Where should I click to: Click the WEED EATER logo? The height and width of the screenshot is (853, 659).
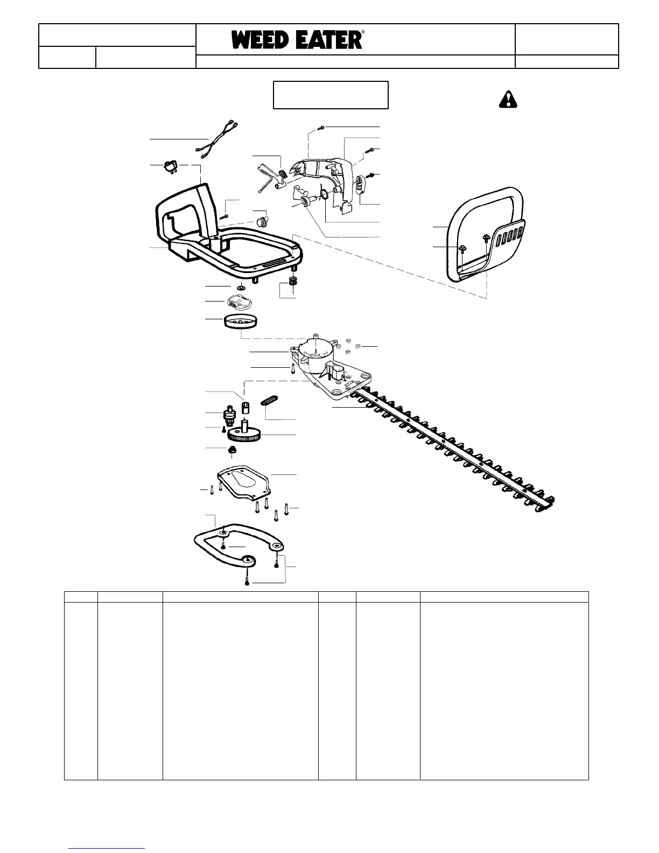coord(297,40)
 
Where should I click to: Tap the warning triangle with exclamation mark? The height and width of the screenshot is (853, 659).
coord(507,99)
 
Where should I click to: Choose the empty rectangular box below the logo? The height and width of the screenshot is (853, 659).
coord(331,95)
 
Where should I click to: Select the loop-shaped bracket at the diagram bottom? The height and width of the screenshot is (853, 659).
coord(237,544)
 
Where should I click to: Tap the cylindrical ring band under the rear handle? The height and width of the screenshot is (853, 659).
coord(241,323)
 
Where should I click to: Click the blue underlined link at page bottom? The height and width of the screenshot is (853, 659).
coord(107,849)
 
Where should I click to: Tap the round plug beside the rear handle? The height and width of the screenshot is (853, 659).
coord(262,221)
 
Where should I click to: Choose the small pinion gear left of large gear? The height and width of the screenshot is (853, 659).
coord(232,417)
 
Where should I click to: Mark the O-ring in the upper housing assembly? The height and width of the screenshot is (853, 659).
coord(324,193)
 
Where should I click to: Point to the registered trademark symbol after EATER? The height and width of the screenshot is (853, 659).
coord(363,32)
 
